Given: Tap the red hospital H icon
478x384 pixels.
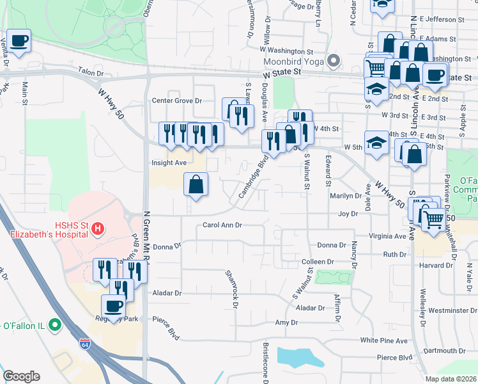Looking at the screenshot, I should [x=97, y=228].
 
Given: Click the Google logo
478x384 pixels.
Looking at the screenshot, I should [x=21, y=376].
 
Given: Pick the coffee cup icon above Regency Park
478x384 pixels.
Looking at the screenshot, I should [x=115, y=306].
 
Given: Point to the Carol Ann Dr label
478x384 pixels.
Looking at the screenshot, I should [x=222, y=225].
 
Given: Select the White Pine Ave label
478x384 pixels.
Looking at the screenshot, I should [x=383, y=340].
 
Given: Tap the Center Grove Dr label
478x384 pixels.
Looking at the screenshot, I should [x=177, y=101].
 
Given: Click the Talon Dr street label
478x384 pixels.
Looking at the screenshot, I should [x=91, y=74].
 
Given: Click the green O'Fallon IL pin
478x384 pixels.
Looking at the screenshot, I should [x=55, y=325].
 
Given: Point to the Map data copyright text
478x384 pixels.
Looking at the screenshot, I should [x=450, y=379].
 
